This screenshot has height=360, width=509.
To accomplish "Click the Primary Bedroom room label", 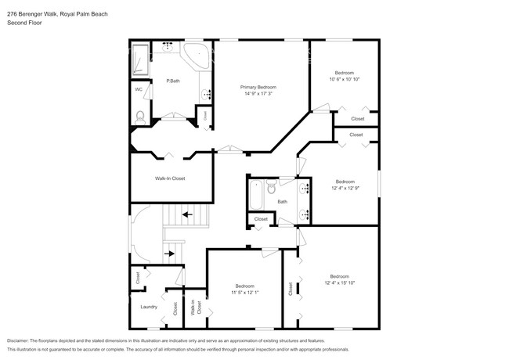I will click(x=258, y=87).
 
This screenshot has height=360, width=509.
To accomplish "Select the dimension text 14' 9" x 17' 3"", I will click(x=258, y=94).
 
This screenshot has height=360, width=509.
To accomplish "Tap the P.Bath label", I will click(x=173, y=81).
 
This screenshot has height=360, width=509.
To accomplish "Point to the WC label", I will click(x=139, y=89).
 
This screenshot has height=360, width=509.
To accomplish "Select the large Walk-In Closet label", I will click(x=169, y=178).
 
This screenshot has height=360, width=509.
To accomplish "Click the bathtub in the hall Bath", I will click(x=256, y=196).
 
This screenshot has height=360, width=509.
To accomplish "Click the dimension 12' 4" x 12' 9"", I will click(x=345, y=188).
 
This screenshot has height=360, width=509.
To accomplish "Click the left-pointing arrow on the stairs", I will click(x=187, y=213).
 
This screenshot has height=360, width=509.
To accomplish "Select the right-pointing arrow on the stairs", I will click(x=170, y=254).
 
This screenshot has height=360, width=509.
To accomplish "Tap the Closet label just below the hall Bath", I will click(x=261, y=219).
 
